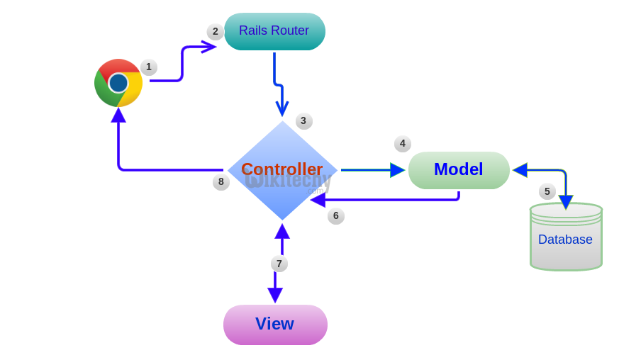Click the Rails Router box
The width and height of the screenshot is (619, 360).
click(x=274, y=31)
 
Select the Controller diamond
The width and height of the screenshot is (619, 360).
click(x=282, y=170)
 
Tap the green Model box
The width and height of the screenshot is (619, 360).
click(x=459, y=170)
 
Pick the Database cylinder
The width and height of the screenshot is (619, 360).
click(x=566, y=237)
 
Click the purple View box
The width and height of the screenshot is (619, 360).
click(x=275, y=325)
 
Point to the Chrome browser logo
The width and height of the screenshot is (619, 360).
click(x=118, y=83)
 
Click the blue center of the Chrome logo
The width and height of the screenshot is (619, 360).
click(x=118, y=83)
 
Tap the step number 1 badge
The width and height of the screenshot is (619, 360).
click(x=149, y=67)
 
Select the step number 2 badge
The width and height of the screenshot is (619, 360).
click(x=216, y=32)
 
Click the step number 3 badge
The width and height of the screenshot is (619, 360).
click(x=303, y=121)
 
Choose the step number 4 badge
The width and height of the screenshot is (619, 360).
click(x=403, y=144)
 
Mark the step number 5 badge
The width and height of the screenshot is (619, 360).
click(x=547, y=191)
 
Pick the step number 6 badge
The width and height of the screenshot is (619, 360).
click(x=336, y=216)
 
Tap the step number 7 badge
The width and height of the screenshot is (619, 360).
click(x=279, y=264)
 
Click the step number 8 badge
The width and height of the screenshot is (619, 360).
click(x=221, y=182)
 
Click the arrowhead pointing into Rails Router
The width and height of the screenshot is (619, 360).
click(x=208, y=47)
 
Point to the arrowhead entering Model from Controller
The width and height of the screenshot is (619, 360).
click(x=397, y=170)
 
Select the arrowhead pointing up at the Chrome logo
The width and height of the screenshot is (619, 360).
click(x=118, y=115)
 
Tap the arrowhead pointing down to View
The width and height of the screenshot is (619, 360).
click(x=275, y=295)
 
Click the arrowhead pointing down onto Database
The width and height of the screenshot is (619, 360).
click(x=566, y=202)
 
